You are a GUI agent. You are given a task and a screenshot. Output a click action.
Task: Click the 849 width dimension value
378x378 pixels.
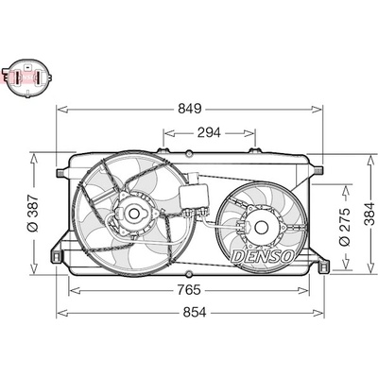pyautogui.click(x=189, y=109)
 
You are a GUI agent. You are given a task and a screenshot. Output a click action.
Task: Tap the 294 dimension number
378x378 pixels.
pyautogui.click(x=209, y=133)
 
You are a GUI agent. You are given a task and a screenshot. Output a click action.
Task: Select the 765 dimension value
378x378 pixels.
pyautogui.click(x=189, y=290)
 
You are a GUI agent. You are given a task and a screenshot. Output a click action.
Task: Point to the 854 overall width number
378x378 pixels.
pyautogui.click(x=195, y=313)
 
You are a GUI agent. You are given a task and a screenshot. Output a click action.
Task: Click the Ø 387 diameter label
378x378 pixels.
pyautogui.click(x=33, y=214)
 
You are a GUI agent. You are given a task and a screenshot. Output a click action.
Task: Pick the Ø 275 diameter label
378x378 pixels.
pyautogui.click(x=345, y=227)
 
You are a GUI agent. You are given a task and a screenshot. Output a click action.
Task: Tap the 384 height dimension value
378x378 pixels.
pyautogui.click(x=369, y=214)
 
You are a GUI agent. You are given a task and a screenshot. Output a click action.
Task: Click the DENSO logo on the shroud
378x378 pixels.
pyautogui.click(x=263, y=256)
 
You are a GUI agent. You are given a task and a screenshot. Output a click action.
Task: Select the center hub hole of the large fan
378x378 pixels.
pyautogui.click(x=134, y=214)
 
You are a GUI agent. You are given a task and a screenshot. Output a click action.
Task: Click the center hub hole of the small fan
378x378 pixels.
pyautogui.click(x=261, y=227)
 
